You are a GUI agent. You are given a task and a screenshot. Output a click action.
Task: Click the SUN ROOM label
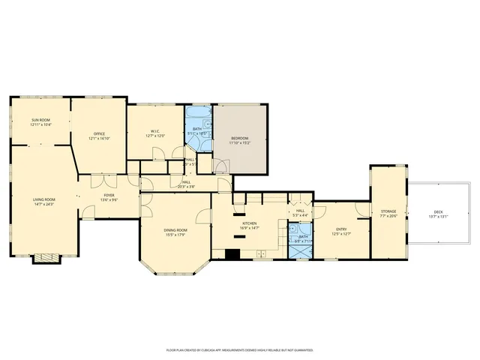41,120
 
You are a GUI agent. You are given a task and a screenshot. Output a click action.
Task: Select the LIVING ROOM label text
44,199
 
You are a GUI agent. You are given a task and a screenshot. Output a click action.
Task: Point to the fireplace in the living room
46,257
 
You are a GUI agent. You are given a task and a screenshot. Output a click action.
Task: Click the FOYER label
109,196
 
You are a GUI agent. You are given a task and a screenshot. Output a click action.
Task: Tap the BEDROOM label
240,138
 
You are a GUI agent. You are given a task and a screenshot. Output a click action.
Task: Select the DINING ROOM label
175,230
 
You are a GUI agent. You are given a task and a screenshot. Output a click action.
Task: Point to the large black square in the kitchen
232,253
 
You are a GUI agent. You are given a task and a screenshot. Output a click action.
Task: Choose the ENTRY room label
341,229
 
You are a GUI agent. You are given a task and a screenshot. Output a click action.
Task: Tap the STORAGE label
388,211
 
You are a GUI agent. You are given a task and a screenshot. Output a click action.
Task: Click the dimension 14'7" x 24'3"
44,204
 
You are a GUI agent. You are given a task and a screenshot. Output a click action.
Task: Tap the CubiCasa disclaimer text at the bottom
239,349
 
